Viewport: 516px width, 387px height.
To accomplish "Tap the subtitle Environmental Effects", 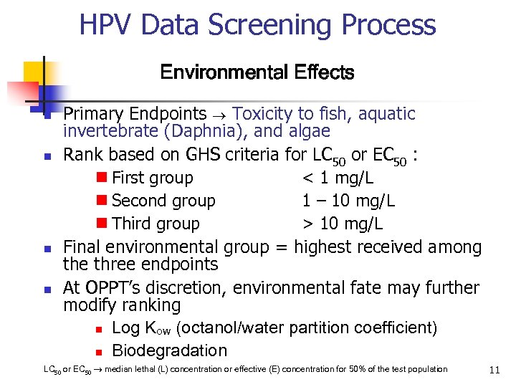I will (x=257, y=72).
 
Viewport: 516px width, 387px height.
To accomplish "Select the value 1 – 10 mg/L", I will (x=348, y=201).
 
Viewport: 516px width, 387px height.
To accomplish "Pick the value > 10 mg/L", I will (x=342, y=224).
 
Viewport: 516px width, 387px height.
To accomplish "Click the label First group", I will (x=153, y=178).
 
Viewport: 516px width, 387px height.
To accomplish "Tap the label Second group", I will (x=163, y=201).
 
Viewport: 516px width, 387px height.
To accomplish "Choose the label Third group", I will (x=156, y=224).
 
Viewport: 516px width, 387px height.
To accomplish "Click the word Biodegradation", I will (x=169, y=350).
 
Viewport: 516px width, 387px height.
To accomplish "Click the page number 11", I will (x=494, y=370).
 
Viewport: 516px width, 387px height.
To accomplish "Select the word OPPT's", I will (x=113, y=287).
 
